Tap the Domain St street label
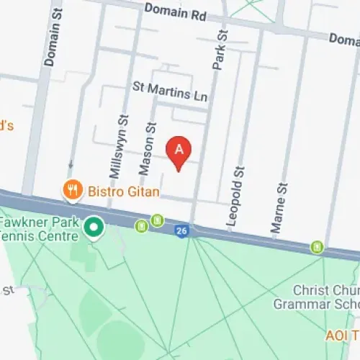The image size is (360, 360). (x=50, y=39)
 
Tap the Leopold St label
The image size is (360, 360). (x=233, y=198)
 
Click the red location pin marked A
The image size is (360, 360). (x=179, y=151)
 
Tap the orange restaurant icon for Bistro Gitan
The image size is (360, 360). (x=71, y=190)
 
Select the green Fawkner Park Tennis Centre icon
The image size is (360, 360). (x=92, y=229)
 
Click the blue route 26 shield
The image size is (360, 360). (x=181, y=230)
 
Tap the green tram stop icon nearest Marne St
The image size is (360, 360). (x=317, y=247)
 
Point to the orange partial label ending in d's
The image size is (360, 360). (x=6, y=125)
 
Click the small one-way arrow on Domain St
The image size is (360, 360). (x=70, y=165)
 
